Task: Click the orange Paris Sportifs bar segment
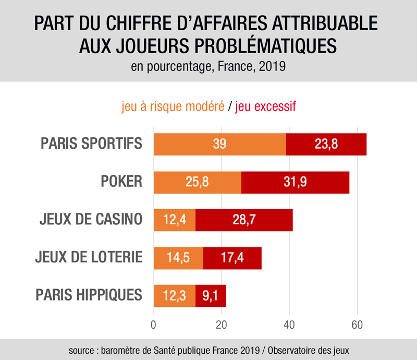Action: (x=219, y=145)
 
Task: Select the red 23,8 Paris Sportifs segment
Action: (x=326, y=145)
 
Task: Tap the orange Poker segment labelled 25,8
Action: (x=197, y=182)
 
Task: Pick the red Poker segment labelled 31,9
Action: (x=295, y=182)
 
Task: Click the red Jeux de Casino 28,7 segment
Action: (x=244, y=220)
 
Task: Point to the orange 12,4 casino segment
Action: (x=174, y=220)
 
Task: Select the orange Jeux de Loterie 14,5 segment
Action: (x=178, y=257)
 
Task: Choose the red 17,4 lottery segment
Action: (x=232, y=257)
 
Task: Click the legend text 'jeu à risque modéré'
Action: (x=173, y=107)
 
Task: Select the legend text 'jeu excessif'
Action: (x=266, y=107)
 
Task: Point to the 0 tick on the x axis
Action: (x=154, y=324)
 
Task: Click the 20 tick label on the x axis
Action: (x=222, y=324)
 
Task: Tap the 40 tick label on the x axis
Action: (x=289, y=324)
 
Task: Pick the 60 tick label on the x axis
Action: (x=357, y=324)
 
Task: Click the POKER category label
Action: (x=121, y=182)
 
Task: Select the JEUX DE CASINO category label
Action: (x=91, y=219)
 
